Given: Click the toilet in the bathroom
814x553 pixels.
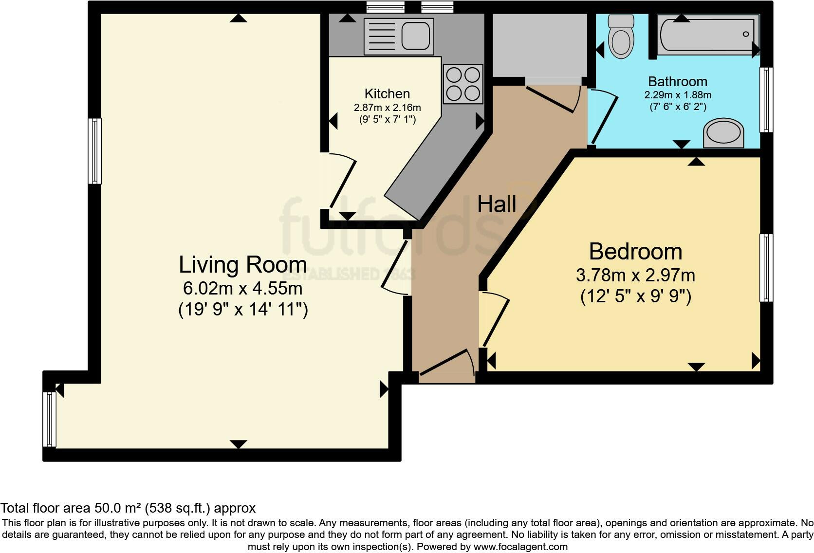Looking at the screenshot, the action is (621, 37).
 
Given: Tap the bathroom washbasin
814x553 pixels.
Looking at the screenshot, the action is (723, 133).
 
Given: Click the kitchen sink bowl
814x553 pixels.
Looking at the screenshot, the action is (416, 37).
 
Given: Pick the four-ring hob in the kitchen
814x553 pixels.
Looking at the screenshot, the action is (463, 84).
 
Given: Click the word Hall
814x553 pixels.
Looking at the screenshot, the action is (497, 204).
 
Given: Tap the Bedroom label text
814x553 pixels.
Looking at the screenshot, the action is (636, 251).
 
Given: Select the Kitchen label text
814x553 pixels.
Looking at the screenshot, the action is (387, 94).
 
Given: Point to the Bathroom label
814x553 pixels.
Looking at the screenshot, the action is (678, 81).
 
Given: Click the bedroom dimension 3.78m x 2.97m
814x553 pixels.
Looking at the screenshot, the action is (636, 275).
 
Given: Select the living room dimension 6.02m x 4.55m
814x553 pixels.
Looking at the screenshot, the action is (243, 289).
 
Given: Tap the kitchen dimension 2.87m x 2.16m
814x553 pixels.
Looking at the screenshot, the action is (388, 108).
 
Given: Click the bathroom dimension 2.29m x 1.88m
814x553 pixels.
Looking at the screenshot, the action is (678, 95).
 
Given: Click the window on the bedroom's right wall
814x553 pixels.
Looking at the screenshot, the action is (766, 268).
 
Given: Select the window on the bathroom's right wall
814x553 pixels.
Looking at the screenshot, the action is (766, 100).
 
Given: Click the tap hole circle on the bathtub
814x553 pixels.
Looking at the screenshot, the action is (746, 34).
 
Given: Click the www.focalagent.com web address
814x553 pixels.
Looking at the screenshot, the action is (520, 547).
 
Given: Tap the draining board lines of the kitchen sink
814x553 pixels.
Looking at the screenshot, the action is (382, 37).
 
